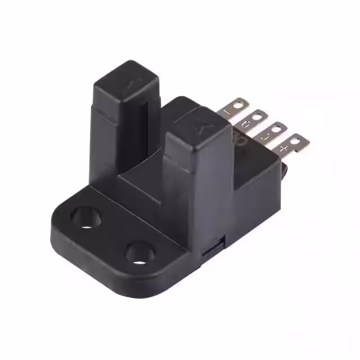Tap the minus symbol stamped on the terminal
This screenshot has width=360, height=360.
click(x=228, y=111)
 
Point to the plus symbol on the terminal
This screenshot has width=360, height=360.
click(x=283, y=148)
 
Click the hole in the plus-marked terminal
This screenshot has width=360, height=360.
click(x=295, y=138)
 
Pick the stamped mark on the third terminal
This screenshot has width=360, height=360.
click(x=264, y=136)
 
